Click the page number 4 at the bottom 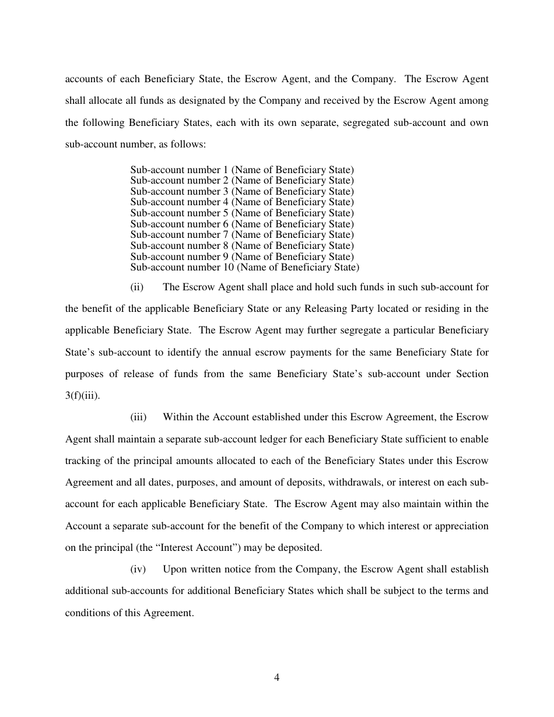(277, 677)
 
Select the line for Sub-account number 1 (241, 170)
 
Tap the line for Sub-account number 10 (244, 268)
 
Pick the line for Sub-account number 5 (241, 213)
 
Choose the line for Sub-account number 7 (241, 235)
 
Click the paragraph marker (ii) (137, 287)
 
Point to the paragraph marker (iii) (138, 417)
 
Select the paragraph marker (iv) (138, 569)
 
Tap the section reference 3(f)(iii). (83, 395)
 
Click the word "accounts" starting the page (82, 79)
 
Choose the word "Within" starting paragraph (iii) (177, 417)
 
